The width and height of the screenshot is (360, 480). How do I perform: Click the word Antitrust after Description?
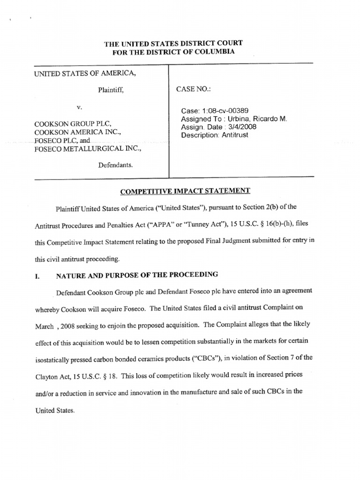click(x=235, y=135)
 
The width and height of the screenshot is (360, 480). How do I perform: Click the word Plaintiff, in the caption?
click(x=111, y=90)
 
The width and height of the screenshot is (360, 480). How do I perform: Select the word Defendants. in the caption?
click(x=115, y=165)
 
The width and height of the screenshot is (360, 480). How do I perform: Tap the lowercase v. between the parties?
click(x=79, y=107)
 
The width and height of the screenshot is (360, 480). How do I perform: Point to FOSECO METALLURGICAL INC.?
click(x=87, y=149)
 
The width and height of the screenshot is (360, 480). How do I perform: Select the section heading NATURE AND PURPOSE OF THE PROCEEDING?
click(x=136, y=275)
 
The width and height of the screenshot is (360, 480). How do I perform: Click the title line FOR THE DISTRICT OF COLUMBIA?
click(x=173, y=52)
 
